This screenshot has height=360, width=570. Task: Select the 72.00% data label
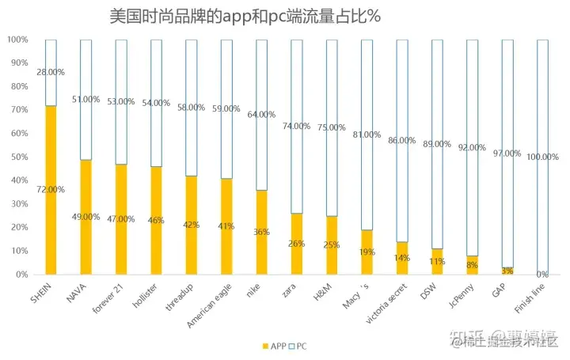point(51,190)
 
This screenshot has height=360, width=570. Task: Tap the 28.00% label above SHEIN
point(51,72)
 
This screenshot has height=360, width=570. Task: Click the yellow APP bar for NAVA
point(85,245)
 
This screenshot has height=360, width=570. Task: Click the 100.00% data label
point(542,157)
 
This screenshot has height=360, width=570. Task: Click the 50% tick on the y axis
point(17,157)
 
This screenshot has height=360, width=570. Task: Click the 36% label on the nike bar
point(261,232)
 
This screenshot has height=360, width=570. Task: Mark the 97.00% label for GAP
point(507,153)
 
